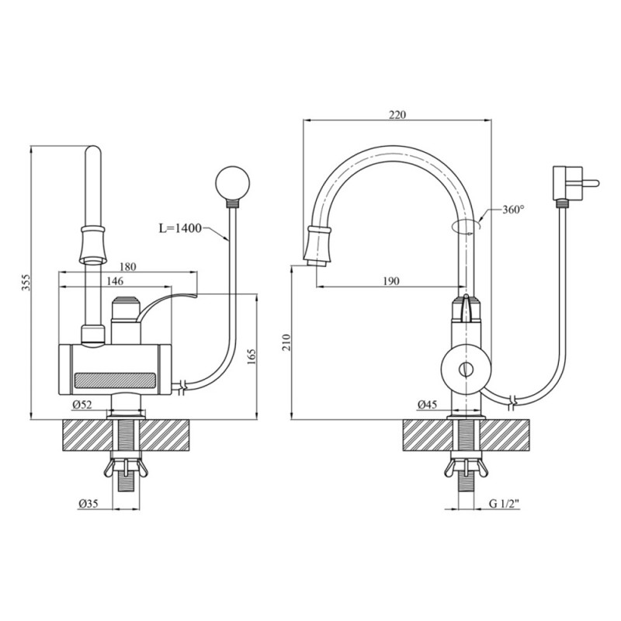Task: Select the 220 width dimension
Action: pyautogui.click(x=397, y=114)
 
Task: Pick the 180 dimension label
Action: pyautogui.click(x=128, y=267)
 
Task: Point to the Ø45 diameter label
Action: pyautogui.click(x=426, y=404)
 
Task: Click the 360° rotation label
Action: pyautogui.click(x=513, y=210)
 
